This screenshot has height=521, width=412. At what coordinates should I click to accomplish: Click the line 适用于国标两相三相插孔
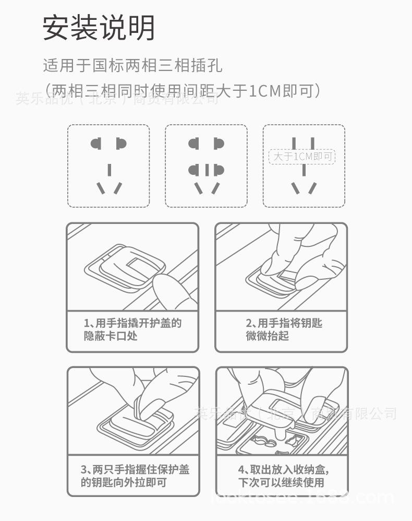coord(132,66)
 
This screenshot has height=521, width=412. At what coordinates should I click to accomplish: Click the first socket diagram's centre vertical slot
coord(109,170)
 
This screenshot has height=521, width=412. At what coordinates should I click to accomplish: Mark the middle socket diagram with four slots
coord(206,165)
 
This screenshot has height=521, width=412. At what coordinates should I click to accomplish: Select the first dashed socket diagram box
coord(108,165)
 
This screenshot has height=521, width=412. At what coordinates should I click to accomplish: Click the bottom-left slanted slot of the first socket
coord(101,188)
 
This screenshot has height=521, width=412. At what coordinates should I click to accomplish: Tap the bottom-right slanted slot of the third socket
coord(312,188)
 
